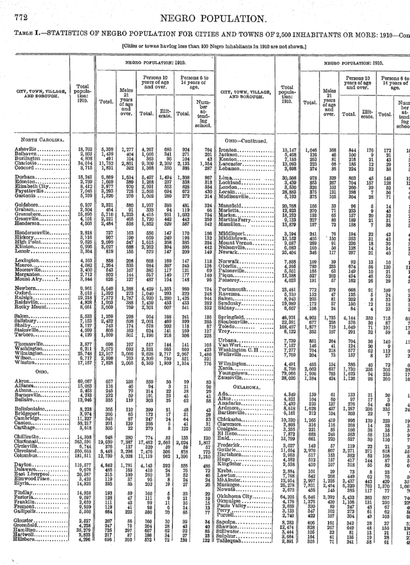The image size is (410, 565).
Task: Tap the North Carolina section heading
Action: (39, 139)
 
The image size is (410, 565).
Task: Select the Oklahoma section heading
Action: (246, 377)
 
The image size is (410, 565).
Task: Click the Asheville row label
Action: (26, 149)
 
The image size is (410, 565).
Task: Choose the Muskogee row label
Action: (231, 474)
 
